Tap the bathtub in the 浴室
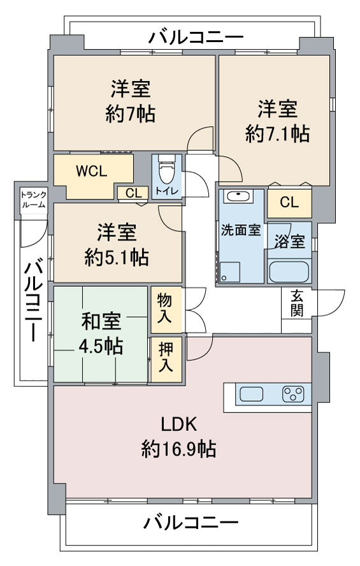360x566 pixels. [289, 272]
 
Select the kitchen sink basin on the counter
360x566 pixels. [251, 394]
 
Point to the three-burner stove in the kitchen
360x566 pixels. [293, 394]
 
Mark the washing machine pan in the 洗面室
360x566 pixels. [230, 272]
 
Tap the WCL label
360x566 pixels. [92, 171]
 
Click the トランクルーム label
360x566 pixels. [33, 200]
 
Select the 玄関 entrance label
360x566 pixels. [296, 303]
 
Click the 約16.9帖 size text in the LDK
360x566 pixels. [178, 449]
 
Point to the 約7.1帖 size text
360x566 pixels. [277, 134]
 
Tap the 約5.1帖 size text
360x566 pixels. [117, 258]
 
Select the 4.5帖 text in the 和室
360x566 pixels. [101, 347]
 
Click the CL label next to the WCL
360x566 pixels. [133, 193]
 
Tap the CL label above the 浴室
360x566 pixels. [289, 202]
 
